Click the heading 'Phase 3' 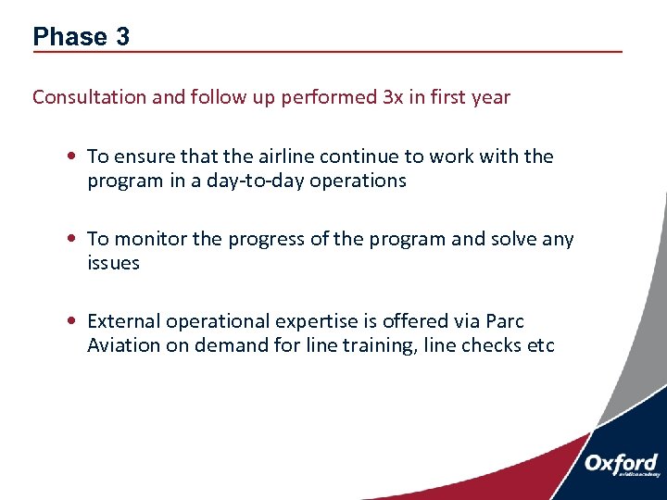point(81,37)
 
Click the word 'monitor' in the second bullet point(148,239)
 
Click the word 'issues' point(113,263)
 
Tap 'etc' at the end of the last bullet point(539,345)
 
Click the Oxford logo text point(622,463)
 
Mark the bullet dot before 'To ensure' point(71,157)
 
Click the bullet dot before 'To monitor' point(71,240)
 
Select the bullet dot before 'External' point(71,322)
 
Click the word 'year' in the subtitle point(490,97)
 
